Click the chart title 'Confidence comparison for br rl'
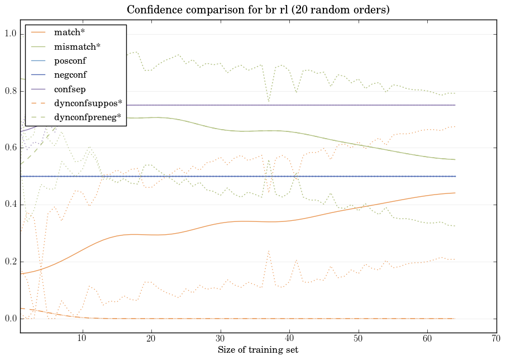pyautogui.click(x=258, y=10)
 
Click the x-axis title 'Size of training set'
pyautogui.click(x=257, y=350)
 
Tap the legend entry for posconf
pyautogui.click(x=70, y=60)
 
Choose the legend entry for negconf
pyautogui.click(x=70, y=74)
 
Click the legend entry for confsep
pyautogui.click(x=69, y=88)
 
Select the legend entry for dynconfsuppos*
pyautogui.click(x=88, y=103)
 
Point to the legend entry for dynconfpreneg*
pyautogui.click(x=87, y=117)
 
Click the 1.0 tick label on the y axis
pyautogui.click(x=11, y=35)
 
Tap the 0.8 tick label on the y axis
pyautogui.click(x=11, y=92)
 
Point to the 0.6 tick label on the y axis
pyautogui.click(x=11, y=148)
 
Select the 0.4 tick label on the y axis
pyautogui.click(x=11, y=205)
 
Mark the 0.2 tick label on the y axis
pyautogui.click(x=11, y=262)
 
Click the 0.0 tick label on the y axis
pyautogui.click(x=11, y=319)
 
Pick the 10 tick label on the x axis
pyautogui.click(x=82, y=338)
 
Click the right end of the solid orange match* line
pyautogui.click(x=455, y=193)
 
